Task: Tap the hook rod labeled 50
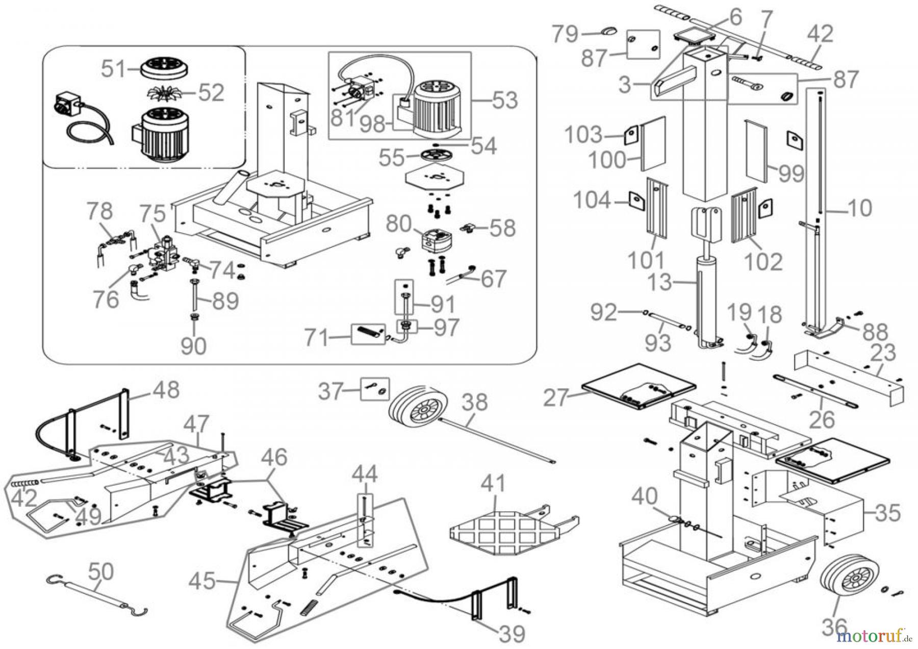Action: point(97,593)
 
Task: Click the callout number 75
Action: point(153,214)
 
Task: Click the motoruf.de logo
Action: point(874,635)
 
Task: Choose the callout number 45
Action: point(202,580)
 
